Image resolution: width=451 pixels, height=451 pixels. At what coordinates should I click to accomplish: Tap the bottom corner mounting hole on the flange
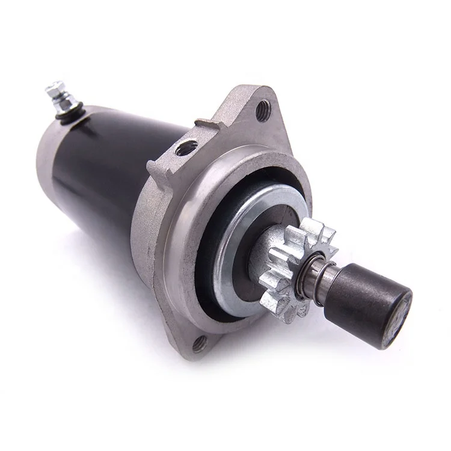[x=200, y=343]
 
